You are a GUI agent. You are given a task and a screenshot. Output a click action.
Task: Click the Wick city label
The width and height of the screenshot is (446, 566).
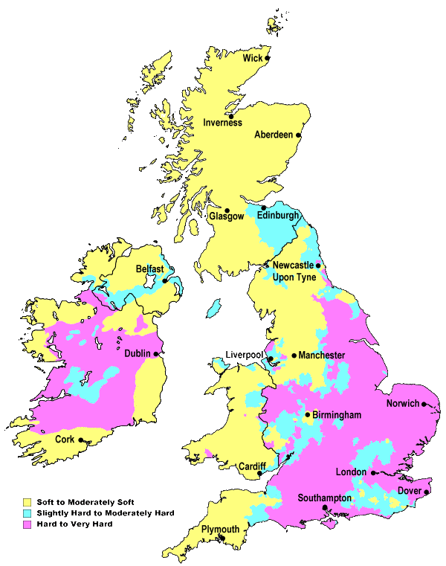pyautogui.click(x=253, y=57)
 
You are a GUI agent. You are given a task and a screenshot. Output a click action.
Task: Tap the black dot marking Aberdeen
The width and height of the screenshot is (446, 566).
pyautogui.click(x=298, y=135)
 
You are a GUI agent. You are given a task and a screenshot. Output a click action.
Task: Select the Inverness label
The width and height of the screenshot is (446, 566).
pyautogui.click(x=222, y=123)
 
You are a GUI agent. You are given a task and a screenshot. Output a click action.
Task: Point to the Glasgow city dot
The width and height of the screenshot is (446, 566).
pyautogui.click(x=227, y=210)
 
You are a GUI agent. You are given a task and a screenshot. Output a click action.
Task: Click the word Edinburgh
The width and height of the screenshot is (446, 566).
pyautogui.click(x=277, y=216)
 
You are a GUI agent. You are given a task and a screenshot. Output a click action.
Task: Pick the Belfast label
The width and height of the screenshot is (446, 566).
pyautogui.click(x=149, y=268)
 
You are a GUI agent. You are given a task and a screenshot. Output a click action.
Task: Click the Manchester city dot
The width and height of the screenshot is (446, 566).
pyautogui.click(x=294, y=356)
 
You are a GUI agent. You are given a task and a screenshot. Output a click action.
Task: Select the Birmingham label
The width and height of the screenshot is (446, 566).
pyautogui.click(x=337, y=414)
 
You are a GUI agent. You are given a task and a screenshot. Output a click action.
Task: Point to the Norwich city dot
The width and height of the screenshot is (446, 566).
pyautogui.click(x=424, y=404)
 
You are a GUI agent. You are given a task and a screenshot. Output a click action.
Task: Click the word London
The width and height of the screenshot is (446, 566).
pyautogui.click(x=351, y=472)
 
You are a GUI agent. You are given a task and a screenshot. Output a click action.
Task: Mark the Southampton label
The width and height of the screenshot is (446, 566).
pyautogui.click(x=324, y=498)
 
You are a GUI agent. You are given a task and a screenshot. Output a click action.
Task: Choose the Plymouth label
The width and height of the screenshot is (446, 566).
pyautogui.click(x=220, y=530)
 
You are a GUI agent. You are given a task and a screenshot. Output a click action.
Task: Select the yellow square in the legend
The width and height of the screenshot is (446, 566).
pyautogui.click(x=27, y=502)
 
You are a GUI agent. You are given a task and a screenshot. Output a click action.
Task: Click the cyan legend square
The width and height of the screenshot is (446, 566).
pyautogui.click(x=27, y=513)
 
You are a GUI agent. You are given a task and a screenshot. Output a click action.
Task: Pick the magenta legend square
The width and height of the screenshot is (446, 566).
pyautogui.click(x=27, y=524)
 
